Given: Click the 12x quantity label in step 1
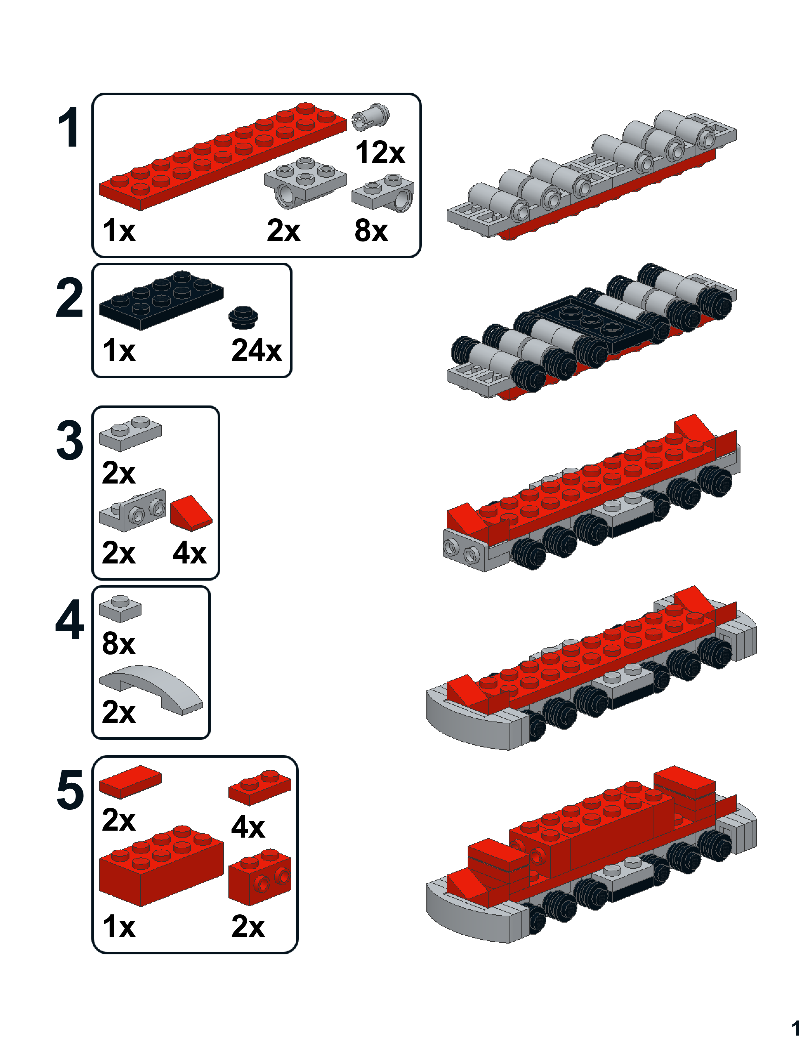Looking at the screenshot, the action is click(380, 152).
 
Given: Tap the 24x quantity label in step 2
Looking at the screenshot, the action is click(256, 351).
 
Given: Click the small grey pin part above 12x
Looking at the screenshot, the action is click(371, 116).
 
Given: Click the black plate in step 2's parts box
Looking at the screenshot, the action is click(161, 300).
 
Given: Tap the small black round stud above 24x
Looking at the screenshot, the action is click(243, 317).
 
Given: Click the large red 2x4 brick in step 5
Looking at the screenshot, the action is click(161, 866).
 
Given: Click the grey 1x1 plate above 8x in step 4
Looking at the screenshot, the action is click(120, 609).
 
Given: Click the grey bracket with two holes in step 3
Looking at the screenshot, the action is click(132, 510).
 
